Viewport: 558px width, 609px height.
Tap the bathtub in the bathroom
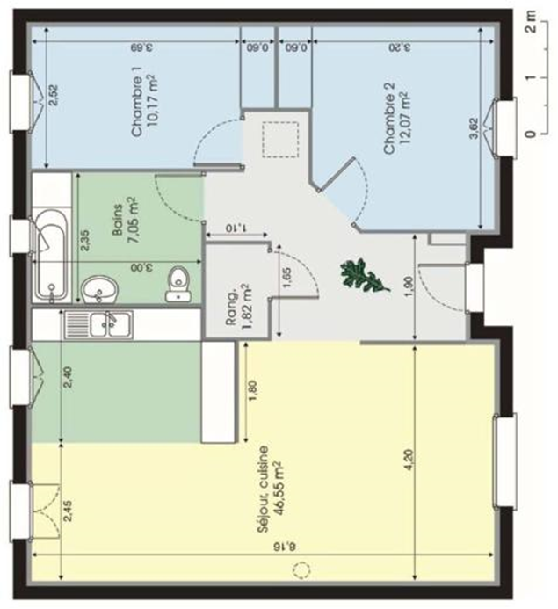[52, 255]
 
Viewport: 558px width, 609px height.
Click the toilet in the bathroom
[178, 285]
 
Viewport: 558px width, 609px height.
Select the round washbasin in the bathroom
[99, 289]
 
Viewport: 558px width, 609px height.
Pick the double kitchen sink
[98, 324]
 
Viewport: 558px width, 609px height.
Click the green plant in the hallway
[364, 275]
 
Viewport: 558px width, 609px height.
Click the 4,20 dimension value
[411, 460]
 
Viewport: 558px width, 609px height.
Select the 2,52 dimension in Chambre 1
[54, 95]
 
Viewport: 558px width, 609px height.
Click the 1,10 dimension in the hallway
[236, 228]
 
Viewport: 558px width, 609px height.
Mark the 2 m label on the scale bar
[530, 21]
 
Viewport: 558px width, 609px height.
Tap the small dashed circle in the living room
[301, 570]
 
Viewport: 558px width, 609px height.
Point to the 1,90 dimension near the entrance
[409, 287]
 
